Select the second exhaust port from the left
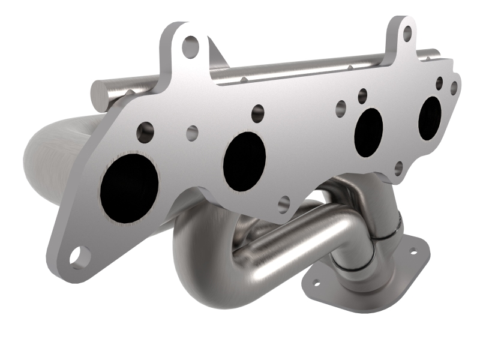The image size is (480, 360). point(244,161)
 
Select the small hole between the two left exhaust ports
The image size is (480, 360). point(192,133)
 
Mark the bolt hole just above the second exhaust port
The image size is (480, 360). point(258,112)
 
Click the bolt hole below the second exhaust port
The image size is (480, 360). point(284,203)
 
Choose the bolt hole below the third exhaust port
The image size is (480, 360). point(398,167)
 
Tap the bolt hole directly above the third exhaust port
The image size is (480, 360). point(362,94)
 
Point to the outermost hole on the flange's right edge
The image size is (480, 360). point(454,88)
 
